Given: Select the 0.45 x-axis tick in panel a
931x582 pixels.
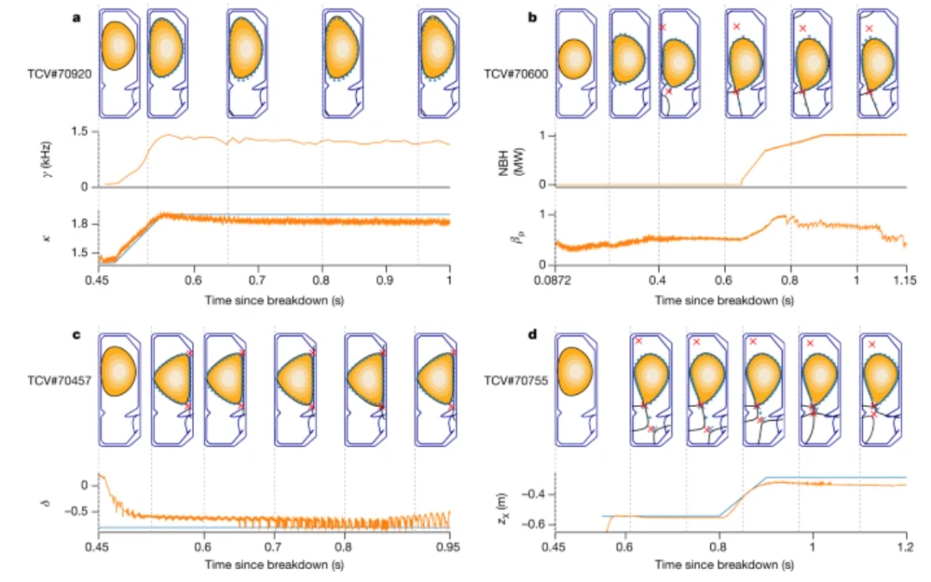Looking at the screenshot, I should pyautogui.click(x=98, y=281).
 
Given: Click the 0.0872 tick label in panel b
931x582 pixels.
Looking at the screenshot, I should pyautogui.click(x=556, y=281).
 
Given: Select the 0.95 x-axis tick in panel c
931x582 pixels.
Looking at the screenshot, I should pyautogui.click(x=450, y=546).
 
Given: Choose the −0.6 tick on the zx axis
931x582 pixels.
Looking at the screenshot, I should pyautogui.click(x=534, y=523).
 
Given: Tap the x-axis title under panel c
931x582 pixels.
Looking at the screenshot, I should pyautogui.click(x=274, y=565).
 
